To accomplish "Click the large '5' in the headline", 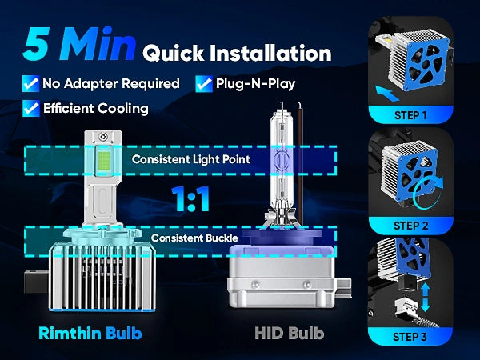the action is [x=36, y=43].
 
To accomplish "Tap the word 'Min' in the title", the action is [x=98, y=43].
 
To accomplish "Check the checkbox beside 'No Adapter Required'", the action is [x=31, y=83].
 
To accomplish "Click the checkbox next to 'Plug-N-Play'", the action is [x=204, y=83].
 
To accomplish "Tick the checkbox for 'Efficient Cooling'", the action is [x=31, y=108].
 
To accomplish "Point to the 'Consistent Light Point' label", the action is [x=191, y=159].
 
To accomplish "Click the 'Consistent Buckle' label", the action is [x=194, y=238].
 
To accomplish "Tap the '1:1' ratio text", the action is [x=190, y=199].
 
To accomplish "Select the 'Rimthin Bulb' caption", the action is [x=90, y=333].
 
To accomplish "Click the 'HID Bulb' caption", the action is [x=290, y=333].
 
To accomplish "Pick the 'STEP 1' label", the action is [x=410, y=115].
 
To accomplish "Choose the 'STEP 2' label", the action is [x=410, y=226].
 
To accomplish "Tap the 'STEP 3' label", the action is [x=410, y=337].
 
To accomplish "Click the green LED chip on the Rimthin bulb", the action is [x=104, y=161].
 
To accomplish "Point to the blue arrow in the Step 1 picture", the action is [x=387, y=94].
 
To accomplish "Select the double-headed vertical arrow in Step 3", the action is [x=426, y=298].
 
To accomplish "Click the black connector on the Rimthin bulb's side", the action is [x=36, y=282].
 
